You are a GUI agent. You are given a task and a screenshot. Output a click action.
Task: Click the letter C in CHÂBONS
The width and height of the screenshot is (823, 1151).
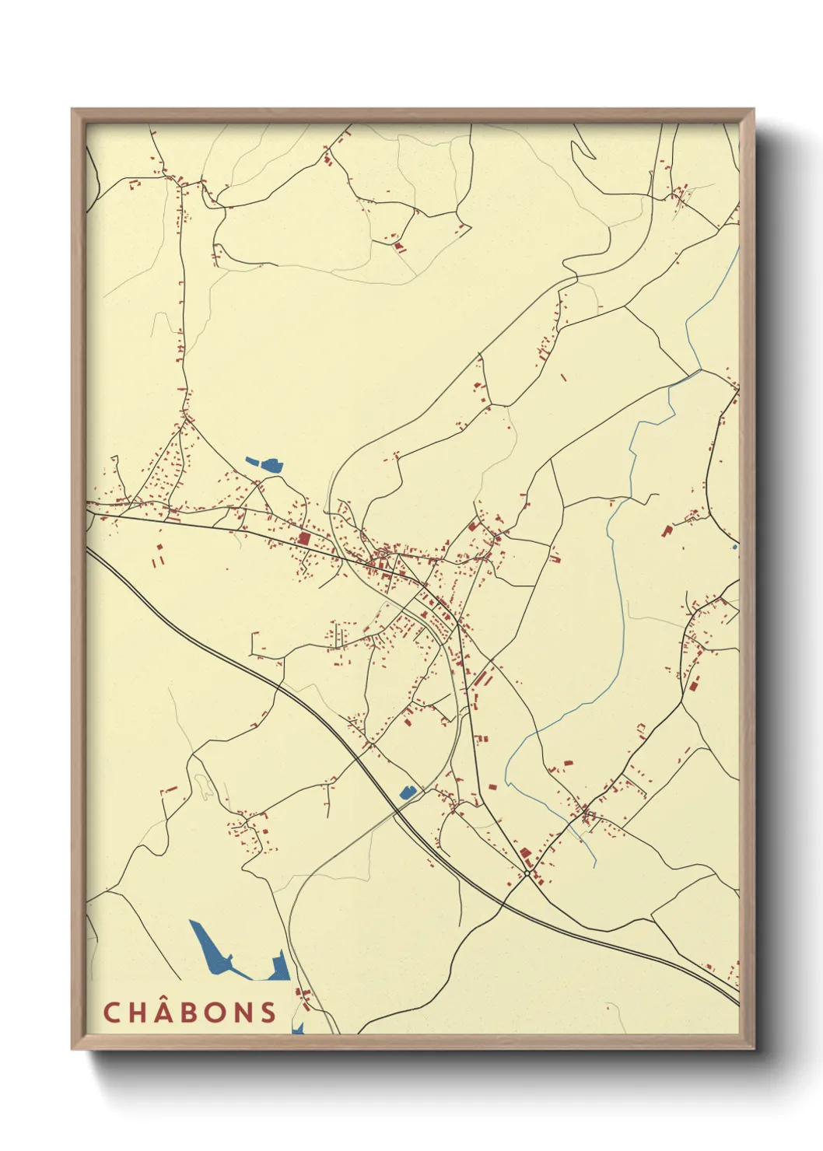coord(111,1013)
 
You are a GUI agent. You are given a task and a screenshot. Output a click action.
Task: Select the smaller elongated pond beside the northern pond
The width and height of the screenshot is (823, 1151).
coord(252,460)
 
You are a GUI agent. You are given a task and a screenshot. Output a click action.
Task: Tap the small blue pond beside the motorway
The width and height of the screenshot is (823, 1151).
coord(407,792)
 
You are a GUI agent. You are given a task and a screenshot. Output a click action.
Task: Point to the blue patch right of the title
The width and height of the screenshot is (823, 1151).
coord(297,1028)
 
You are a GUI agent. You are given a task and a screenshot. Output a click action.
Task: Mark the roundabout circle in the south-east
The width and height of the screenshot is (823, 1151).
coord(527,874)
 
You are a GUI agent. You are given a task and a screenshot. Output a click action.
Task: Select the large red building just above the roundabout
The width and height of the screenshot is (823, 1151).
coord(526,855)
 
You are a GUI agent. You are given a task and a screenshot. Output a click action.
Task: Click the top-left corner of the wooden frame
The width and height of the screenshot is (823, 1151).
coord(73,110)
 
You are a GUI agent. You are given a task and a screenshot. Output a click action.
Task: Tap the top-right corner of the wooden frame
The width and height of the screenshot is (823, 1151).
coord(752,110)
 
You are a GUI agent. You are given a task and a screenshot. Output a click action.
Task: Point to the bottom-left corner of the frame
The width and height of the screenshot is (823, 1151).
coord(73,1048)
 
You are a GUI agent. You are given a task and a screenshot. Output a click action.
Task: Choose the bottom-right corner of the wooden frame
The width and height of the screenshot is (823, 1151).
coord(752,1048)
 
